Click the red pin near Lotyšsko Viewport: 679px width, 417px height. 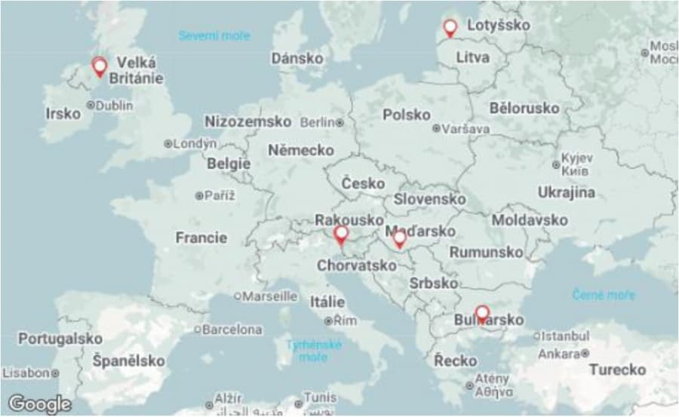[x=450, y=28]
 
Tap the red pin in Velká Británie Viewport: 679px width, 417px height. [x=99, y=66]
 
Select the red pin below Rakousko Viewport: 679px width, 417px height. [x=341, y=235]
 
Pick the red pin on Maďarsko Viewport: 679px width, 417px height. [x=400, y=238]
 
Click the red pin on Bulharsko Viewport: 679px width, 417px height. [x=482, y=313]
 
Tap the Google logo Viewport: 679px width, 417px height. [x=39, y=403]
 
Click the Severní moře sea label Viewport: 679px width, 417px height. [x=214, y=35]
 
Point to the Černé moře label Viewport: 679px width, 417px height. [x=604, y=295]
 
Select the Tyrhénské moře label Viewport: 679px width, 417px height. [x=313, y=351]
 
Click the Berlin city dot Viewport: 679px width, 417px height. [x=340, y=122]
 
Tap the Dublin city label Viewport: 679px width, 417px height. [x=114, y=106]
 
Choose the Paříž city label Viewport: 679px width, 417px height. [x=220, y=195]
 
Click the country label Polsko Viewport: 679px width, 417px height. [x=406, y=115]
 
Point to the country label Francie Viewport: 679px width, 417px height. [x=201, y=238]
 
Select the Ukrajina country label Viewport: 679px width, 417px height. [x=566, y=192]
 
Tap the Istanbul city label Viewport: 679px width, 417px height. [x=565, y=336]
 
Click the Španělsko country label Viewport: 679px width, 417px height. [x=128, y=361]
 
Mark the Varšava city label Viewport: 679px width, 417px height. [x=465, y=128]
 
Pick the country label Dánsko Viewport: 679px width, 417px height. [x=297, y=58]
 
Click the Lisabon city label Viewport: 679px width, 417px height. [x=26, y=373]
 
